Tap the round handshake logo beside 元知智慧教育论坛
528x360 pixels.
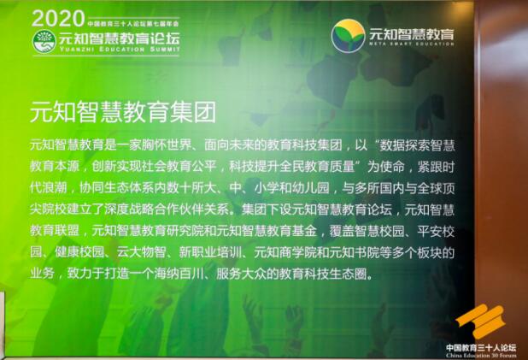[44, 40]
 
